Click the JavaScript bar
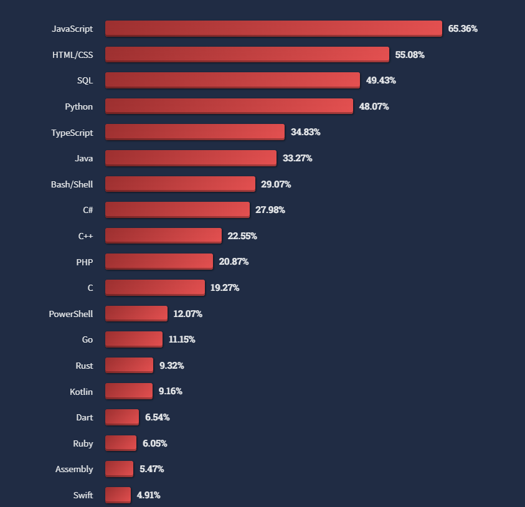pyautogui.click(x=273, y=29)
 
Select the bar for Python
pyautogui.click(x=229, y=107)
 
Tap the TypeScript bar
pyautogui.click(x=194, y=132)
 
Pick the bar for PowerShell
pyautogui.click(x=136, y=314)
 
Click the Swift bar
pyautogui.click(x=118, y=495)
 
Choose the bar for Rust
pyautogui.click(x=129, y=366)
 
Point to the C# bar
pyautogui.click(x=177, y=210)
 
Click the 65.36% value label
pyautogui.click(x=463, y=29)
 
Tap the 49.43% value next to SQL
pyautogui.click(x=381, y=80)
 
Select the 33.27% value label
pyautogui.click(x=297, y=158)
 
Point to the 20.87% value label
pyautogui.click(x=234, y=262)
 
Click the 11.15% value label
pyautogui.click(x=182, y=339)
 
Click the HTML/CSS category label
pyautogui.click(x=72, y=55)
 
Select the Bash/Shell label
pyautogui.click(x=72, y=184)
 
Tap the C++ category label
pyautogui.click(x=85, y=236)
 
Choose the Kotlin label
pyautogui.click(x=81, y=392)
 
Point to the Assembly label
pyautogui.click(x=74, y=469)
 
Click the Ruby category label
pyautogui.click(x=83, y=443)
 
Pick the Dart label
pyautogui.click(x=84, y=417)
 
